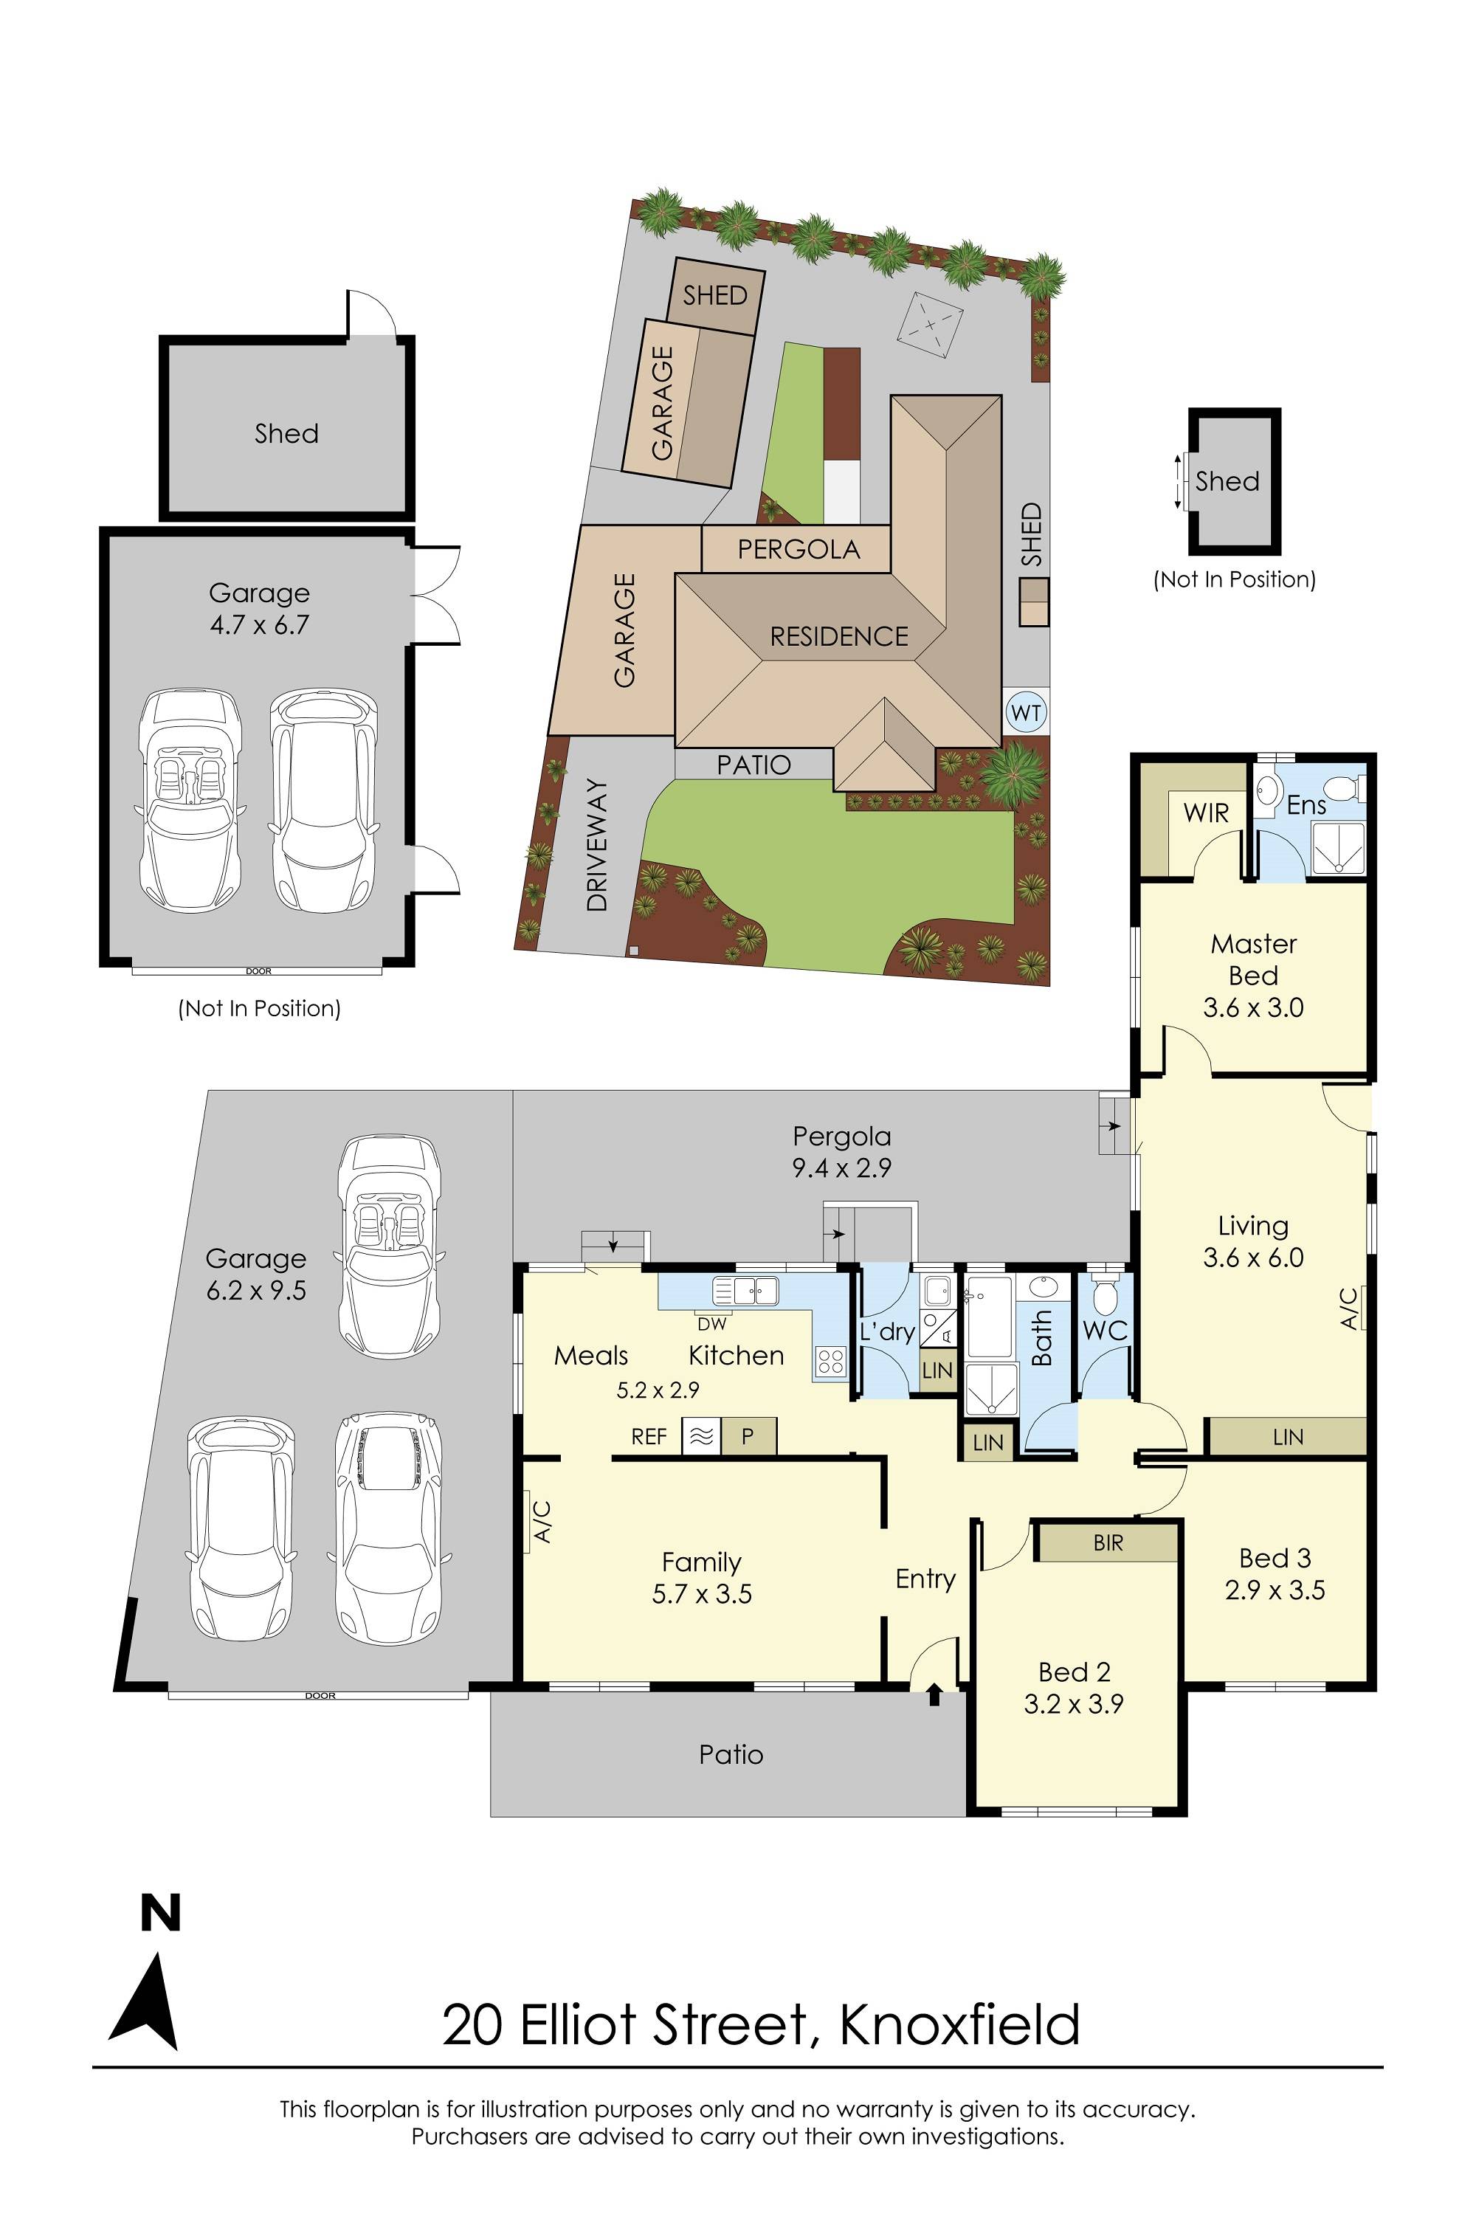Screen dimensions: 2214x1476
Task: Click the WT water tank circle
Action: [x=1026, y=713]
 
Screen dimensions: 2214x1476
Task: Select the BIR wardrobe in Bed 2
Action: [x=1108, y=1543]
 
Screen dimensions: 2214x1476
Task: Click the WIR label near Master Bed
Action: [x=1206, y=813]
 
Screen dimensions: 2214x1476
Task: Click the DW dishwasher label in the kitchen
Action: [x=713, y=1323]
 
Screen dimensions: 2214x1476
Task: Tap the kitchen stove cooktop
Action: [x=830, y=1360]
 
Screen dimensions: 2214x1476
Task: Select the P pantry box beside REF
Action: [x=748, y=1436]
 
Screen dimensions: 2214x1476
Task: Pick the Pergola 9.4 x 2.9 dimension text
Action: [x=841, y=1168]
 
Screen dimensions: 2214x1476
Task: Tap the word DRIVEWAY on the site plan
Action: [x=598, y=844]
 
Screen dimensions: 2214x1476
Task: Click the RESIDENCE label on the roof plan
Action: [x=838, y=638]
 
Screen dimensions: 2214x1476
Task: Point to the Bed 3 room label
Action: [x=1275, y=1558]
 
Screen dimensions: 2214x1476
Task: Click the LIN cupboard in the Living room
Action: [x=1287, y=1436]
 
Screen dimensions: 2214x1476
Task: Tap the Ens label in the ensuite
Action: [x=1306, y=805]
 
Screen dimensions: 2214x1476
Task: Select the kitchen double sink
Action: [x=745, y=1289]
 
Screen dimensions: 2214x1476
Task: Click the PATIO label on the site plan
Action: [x=754, y=765]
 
